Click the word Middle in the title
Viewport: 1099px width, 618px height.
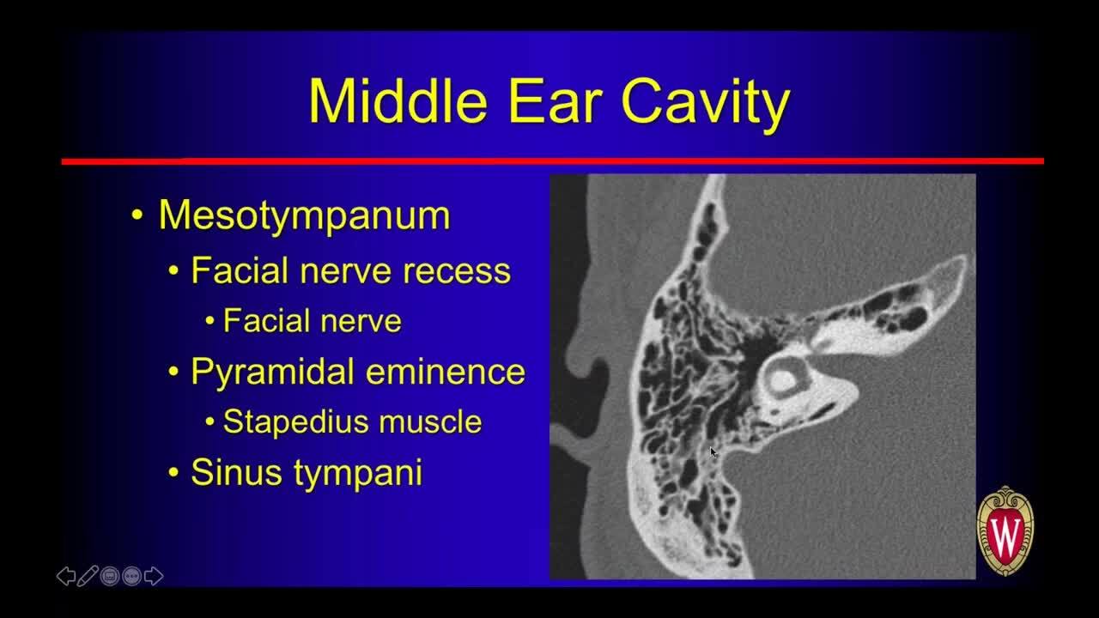(398, 101)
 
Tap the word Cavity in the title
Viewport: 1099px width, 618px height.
(706, 105)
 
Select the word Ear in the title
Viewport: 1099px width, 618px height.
(555, 102)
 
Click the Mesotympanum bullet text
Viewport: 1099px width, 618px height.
(304, 215)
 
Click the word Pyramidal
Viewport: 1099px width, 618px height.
(272, 373)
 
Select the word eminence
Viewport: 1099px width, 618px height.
(446, 373)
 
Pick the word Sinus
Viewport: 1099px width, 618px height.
(236, 472)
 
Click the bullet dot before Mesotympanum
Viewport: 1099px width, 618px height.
(137, 215)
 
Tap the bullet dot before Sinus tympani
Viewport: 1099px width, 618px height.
(173, 473)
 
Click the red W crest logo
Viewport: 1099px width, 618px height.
(1005, 531)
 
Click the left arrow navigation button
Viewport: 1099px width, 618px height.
(66, 576)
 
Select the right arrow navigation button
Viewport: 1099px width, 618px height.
(154, 576)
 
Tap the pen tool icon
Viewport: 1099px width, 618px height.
(88, 576)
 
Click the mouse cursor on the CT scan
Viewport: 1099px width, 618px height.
(713, 452)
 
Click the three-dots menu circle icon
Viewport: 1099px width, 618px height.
(131, 576)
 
